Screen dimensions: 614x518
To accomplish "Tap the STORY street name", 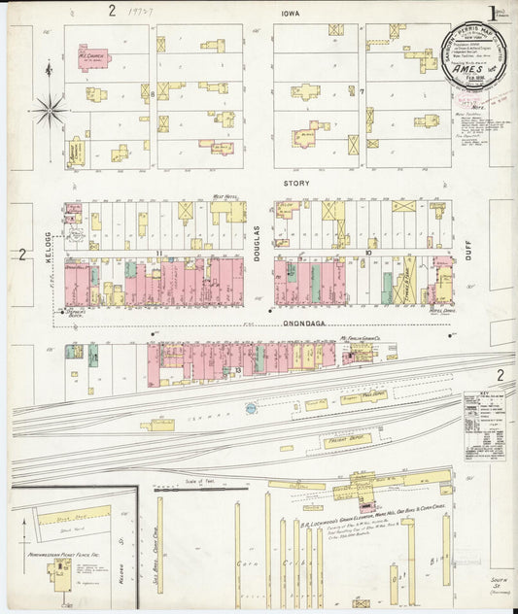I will (x=295, y=182).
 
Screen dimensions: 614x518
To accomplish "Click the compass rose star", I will (x=49, y=109).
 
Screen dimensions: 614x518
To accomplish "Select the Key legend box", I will (x=483, y=422).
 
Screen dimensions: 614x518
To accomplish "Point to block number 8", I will (x=154, y=94).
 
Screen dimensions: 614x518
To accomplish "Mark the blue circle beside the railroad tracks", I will (x=252, y=409).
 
